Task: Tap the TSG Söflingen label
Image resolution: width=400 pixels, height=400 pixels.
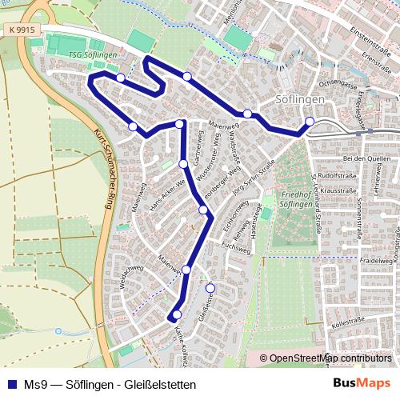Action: pos(93,54)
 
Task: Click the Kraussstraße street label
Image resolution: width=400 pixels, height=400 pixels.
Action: pos(337,192)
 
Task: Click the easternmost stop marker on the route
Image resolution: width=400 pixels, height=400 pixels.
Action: pos(310,122)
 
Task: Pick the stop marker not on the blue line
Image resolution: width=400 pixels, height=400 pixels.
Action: pos(210,288)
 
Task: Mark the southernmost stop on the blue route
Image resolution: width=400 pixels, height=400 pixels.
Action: pos(177,314)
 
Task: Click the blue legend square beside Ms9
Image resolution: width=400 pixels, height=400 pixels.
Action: pos(12,384)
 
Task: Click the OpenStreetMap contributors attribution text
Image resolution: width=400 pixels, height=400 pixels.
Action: pos(330,358)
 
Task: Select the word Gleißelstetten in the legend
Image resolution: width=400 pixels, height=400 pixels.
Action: pos(160,384)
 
